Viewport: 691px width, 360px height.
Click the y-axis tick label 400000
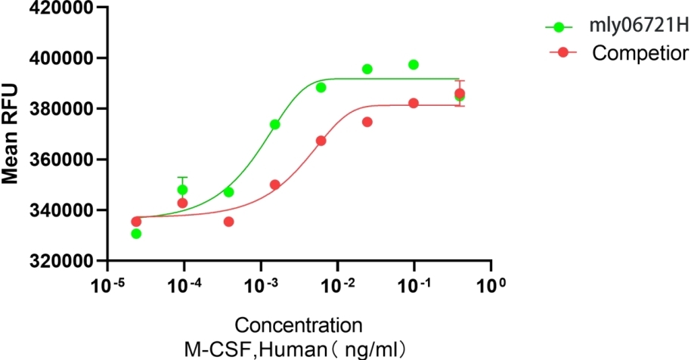pyautogui.click(x=63, y=58)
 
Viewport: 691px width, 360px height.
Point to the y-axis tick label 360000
pyautogui.click(x=63, y=160)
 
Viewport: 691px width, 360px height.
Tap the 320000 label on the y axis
pyautogui.click(x=63, y=261)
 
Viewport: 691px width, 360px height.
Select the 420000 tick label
pyautogui.click(x=63, y=8)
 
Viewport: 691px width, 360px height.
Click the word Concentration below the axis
pyautogui.click(x=298, y=326)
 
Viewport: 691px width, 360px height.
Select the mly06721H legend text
pyautogui.click(x=639, y=27)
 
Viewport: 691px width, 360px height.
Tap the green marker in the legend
pyautogui.click(x=559, y=27)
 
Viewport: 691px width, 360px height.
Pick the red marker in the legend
pyautogui.click(x=559, y=53)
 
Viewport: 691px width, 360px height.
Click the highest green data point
pyautogui.click(x=414, y=64)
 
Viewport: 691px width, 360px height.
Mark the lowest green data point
pyautogui.click(x=136, y=234)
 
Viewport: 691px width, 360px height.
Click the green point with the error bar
pyautogui.click(x=182, y=190)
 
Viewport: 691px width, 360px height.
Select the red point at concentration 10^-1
pyautogui.click(x=414, y=103)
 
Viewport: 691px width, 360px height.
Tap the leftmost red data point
pyautogui.click(x=136, y=222)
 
